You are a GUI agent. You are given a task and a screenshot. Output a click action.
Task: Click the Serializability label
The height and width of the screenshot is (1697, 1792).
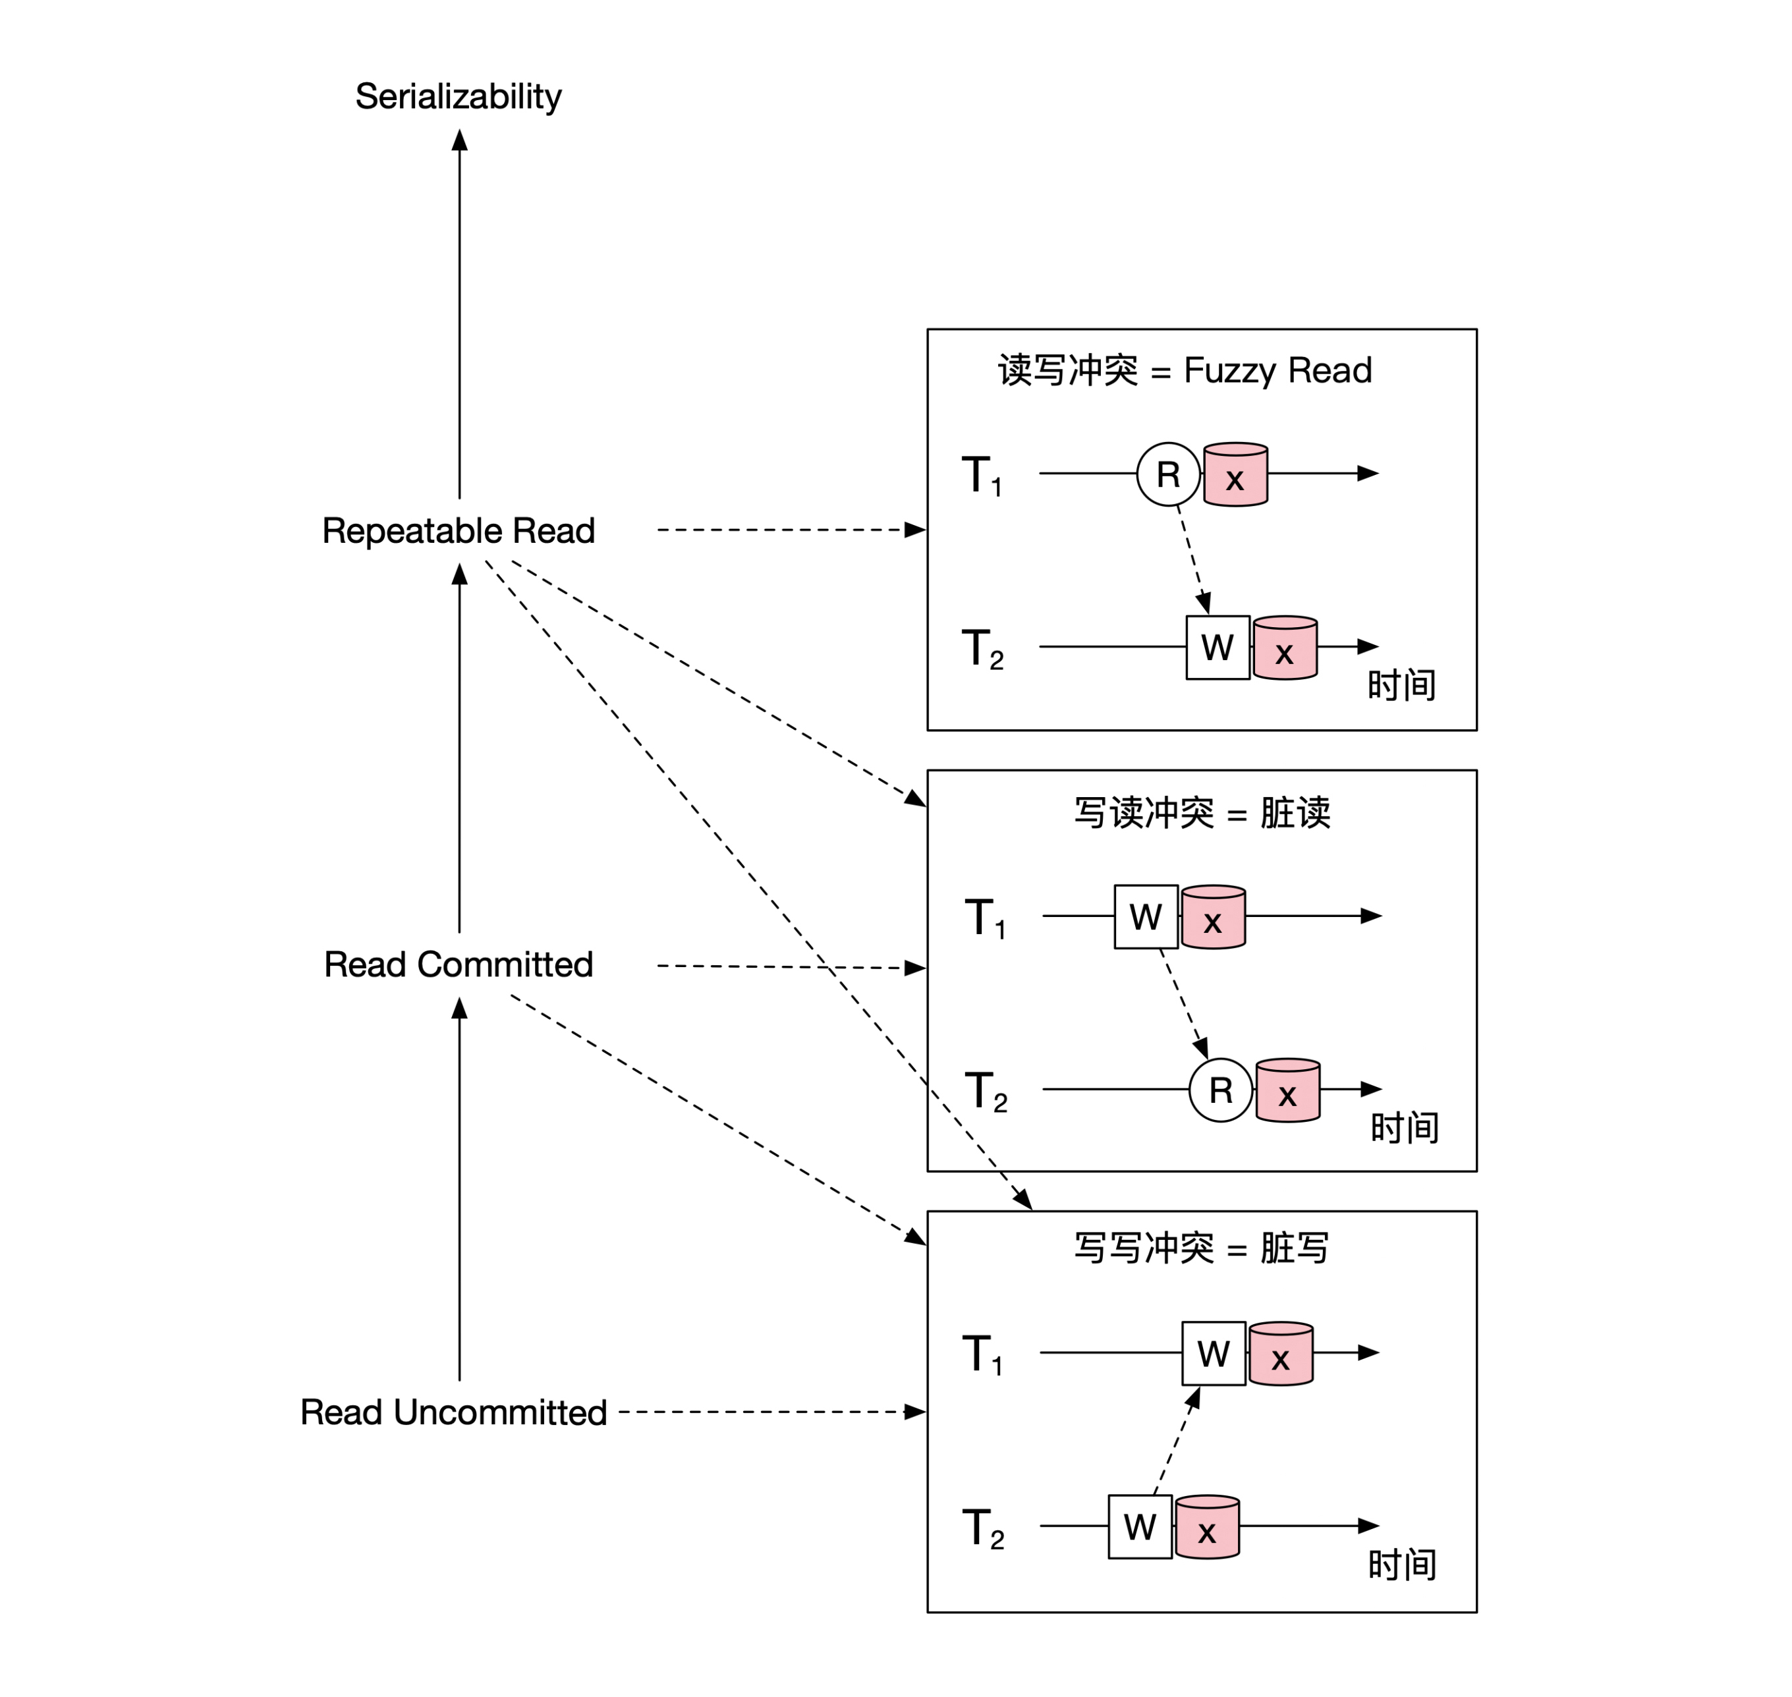458,97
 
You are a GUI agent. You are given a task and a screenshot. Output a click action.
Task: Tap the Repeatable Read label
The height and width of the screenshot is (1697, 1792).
458,531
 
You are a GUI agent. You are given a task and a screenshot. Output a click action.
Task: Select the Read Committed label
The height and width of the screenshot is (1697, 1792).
458,964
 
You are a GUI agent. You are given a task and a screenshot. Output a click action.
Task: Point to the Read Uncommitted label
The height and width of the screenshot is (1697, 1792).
453,1412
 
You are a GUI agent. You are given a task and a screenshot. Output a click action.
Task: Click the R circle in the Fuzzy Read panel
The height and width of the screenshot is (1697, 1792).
1168,474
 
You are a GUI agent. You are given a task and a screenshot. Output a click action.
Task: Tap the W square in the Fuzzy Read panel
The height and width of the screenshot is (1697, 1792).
1218,648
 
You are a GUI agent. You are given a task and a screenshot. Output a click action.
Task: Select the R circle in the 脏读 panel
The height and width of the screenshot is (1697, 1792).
1220,1090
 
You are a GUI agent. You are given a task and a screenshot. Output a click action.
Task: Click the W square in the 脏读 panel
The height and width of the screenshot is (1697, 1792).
1145,916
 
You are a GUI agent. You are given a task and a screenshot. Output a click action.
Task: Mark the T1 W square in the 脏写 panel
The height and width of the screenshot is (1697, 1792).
1213,1353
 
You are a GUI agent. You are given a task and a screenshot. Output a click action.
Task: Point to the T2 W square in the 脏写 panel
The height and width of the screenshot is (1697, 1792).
1140,1527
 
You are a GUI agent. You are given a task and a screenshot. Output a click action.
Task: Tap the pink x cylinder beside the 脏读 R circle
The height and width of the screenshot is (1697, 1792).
1287,1091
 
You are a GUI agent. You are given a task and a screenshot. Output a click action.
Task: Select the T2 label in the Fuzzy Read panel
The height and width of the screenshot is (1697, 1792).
982,649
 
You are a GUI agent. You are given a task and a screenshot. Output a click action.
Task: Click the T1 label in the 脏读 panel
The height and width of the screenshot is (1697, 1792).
985,918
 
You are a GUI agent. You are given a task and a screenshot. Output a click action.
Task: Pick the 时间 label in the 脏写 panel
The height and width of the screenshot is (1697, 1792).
1401,1565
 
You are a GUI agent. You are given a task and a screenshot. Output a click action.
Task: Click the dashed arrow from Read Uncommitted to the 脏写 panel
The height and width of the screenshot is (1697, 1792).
769,1412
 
